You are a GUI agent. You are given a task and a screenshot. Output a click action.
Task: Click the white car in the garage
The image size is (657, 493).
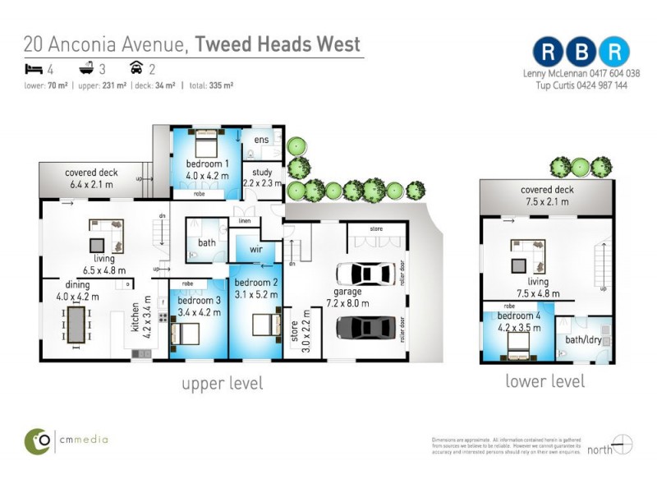[369, 274]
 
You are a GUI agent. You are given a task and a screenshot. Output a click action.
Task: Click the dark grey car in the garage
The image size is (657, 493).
[369, 326]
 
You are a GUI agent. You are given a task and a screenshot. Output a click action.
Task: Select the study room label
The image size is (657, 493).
[262, 173]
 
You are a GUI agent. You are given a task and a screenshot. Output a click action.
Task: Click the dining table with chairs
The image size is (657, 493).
[76, 324]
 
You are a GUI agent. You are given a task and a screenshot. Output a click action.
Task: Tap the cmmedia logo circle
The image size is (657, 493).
[38, 440]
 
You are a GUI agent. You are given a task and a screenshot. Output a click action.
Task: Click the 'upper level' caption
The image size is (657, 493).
[222, 383]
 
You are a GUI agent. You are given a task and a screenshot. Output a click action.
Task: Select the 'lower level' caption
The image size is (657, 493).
[544, 381]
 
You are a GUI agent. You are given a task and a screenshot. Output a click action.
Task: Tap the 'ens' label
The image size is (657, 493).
[261, 141]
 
